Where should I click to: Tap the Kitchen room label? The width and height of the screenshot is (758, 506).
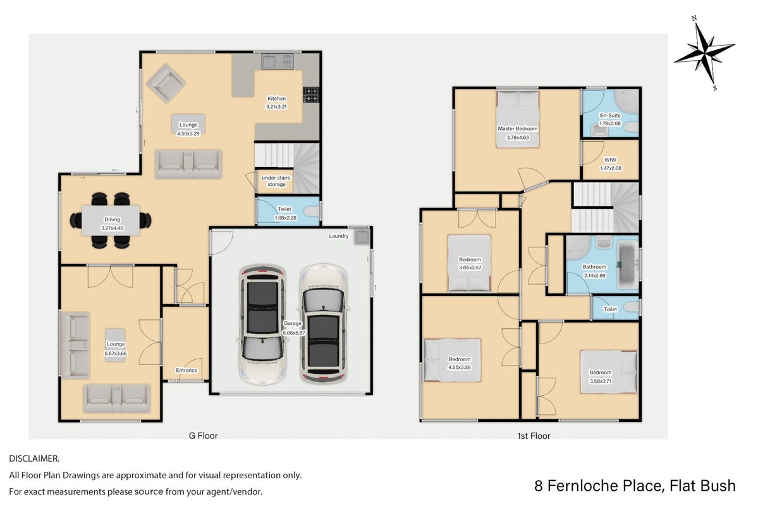276,99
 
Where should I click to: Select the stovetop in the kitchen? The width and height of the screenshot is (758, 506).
310,94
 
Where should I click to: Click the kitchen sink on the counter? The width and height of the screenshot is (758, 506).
278,61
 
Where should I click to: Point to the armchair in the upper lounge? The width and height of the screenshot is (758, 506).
166,83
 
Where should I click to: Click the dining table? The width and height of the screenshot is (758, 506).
111,221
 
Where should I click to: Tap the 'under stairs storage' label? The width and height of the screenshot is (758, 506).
276,181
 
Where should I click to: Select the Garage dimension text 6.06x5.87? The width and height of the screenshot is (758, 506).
293,333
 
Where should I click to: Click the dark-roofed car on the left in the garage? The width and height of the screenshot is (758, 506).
262,324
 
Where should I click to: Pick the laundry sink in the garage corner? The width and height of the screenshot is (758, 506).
362,237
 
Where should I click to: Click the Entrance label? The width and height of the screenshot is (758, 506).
186,371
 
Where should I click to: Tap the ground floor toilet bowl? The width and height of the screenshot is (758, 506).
313,211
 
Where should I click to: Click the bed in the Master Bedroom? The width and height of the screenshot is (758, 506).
517,119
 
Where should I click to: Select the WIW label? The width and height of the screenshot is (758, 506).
610,160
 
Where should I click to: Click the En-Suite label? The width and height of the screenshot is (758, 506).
610,116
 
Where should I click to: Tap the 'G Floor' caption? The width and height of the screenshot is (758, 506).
203,436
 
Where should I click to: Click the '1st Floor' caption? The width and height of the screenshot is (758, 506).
534,436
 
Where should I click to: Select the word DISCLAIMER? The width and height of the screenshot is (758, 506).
34,459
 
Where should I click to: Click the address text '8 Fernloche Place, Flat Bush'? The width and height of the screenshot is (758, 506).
635,485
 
